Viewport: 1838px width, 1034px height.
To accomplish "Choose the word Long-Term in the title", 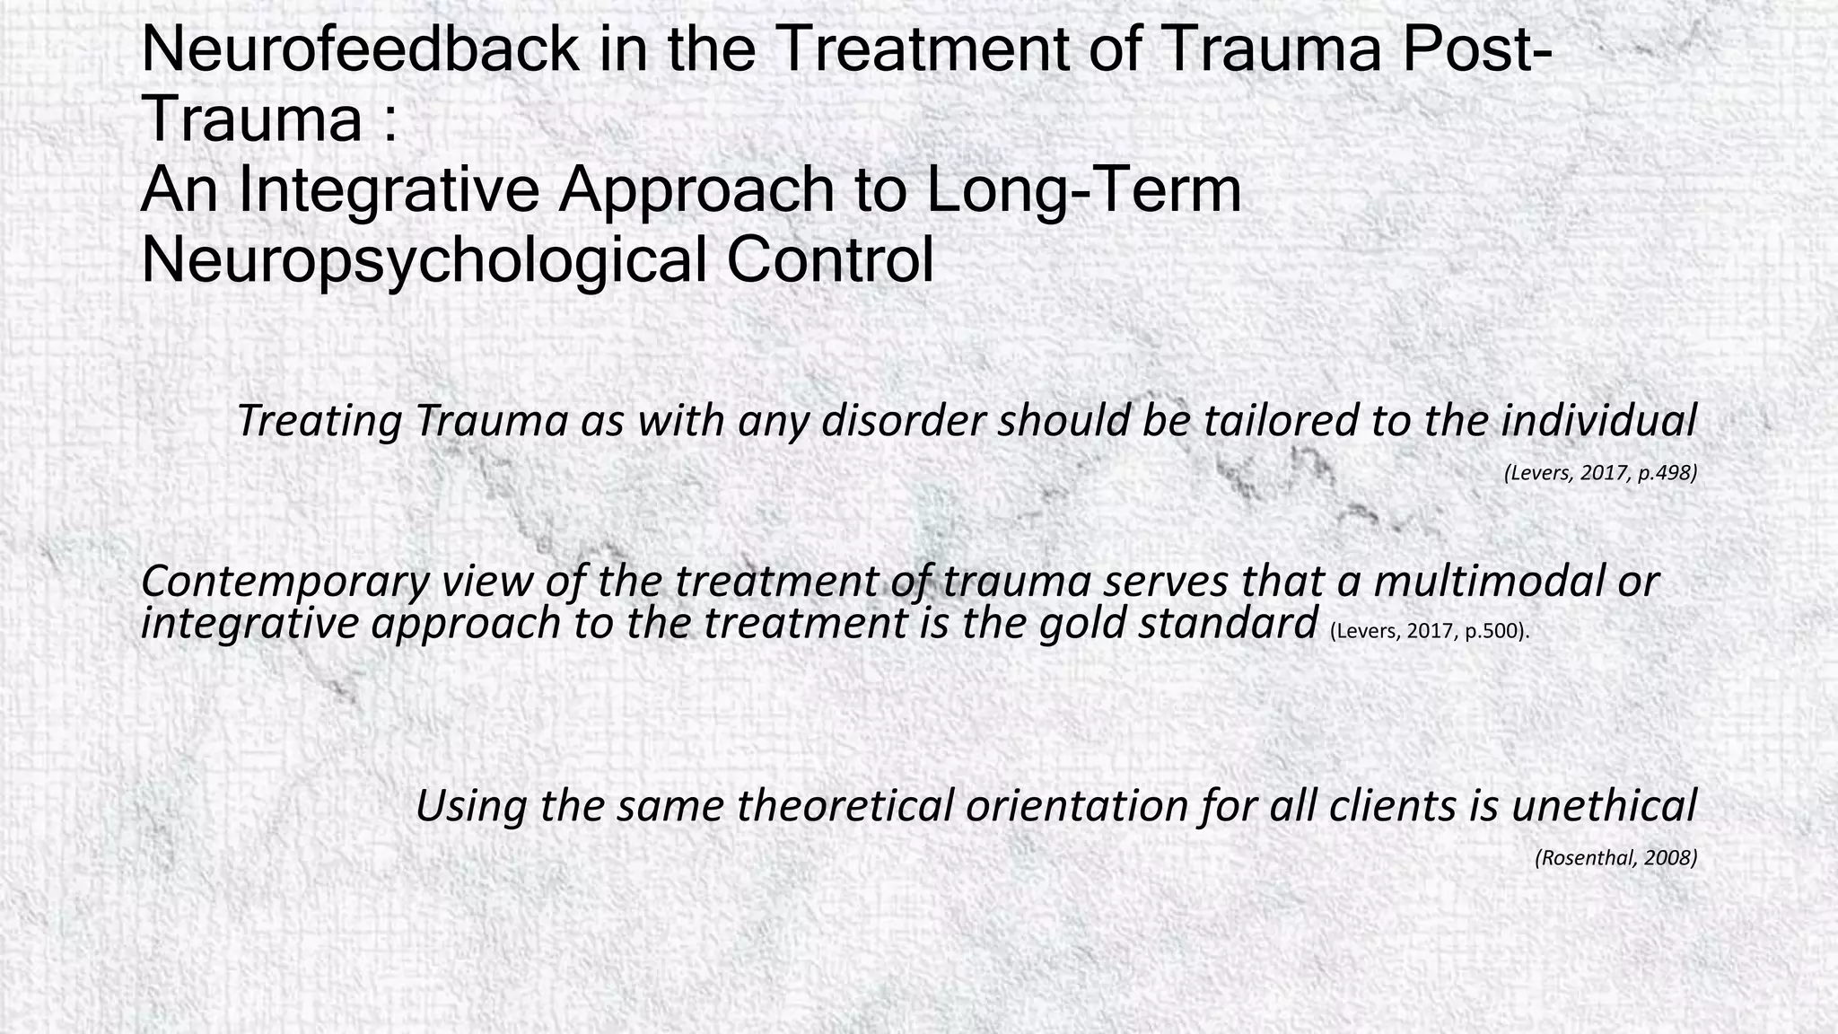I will click(1084, 190).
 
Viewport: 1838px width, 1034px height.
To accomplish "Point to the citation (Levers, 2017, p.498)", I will click(1600, 473).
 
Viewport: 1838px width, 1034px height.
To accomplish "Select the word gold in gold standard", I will click(1082, 624).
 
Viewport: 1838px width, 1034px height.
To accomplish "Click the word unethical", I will click(1604, 805).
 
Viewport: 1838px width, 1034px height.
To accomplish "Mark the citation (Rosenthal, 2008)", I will click(1615, 858).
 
